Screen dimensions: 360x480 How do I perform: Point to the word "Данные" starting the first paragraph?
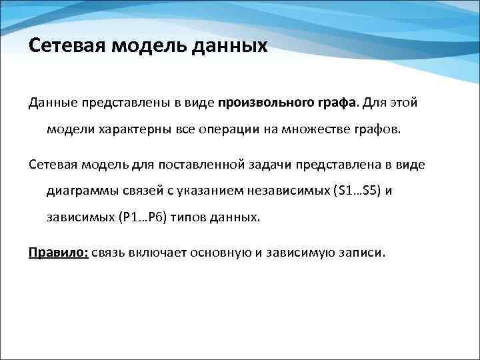pyautogui.click(x=52, y=103)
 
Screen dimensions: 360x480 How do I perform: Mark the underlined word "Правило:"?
pyautogui.click(x=58, y=253)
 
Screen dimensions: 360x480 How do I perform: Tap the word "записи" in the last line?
pyautogui.click(x=363, y=253)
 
